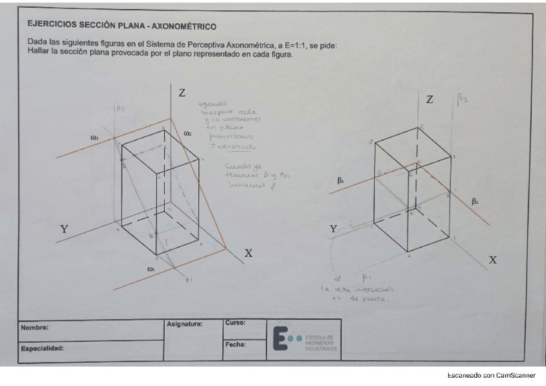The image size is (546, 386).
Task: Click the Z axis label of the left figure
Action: (182, 93)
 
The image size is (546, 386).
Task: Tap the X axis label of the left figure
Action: (248, 254)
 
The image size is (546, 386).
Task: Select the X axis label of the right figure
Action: (493, 260)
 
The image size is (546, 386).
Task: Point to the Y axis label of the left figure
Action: (64, 229)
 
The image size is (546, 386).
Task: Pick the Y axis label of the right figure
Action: (333, 229)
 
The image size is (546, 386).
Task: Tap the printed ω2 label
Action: (187, 133)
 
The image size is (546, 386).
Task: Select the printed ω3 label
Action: (95, 137)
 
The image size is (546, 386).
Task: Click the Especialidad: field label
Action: (42, 348)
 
